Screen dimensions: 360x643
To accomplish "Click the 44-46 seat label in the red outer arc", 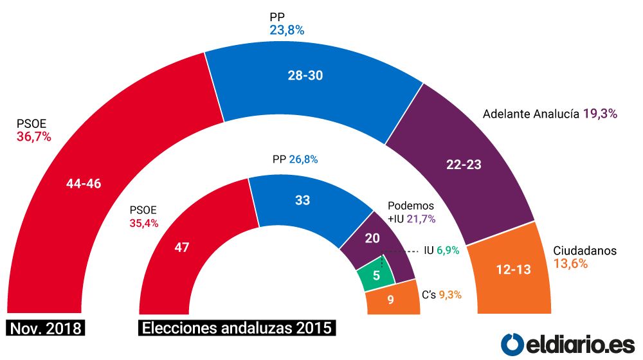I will click(84, 183).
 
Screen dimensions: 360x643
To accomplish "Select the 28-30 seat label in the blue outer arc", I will click(305, 75).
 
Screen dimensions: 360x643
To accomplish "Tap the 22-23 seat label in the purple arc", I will click(464, 164).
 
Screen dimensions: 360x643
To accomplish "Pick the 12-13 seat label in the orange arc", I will click(513, 270).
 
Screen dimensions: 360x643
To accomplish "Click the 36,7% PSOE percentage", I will click(33, 136).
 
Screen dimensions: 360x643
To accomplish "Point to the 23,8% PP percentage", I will click(287, 30).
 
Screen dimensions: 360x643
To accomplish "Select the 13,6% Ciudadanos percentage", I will click(571, 264).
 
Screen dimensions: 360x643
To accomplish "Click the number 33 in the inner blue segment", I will click(302, 200).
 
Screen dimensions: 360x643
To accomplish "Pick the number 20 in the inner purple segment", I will click(372, 238).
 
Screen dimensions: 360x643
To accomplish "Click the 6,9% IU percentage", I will click(448, 251).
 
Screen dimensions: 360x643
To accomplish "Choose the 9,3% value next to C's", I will click(450, 296).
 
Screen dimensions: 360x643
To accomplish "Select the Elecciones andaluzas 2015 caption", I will click(237, 328).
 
